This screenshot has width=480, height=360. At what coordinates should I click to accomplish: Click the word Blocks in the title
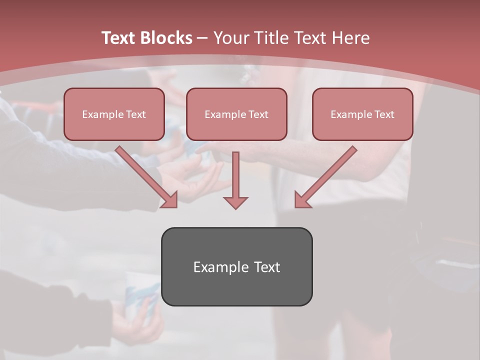166,38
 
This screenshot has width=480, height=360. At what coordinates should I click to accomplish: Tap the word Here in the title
350,38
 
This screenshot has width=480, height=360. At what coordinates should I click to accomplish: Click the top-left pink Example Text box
114,114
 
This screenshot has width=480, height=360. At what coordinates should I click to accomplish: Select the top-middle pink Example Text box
236,114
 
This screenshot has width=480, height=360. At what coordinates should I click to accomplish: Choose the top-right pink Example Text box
362,114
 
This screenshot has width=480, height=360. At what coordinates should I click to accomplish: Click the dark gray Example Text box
236,266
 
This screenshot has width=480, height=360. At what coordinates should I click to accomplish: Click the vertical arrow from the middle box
235,175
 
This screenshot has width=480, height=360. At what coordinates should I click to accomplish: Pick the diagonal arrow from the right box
327,175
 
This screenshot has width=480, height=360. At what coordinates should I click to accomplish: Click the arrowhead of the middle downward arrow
235,202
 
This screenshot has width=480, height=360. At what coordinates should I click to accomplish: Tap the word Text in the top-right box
384,114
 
